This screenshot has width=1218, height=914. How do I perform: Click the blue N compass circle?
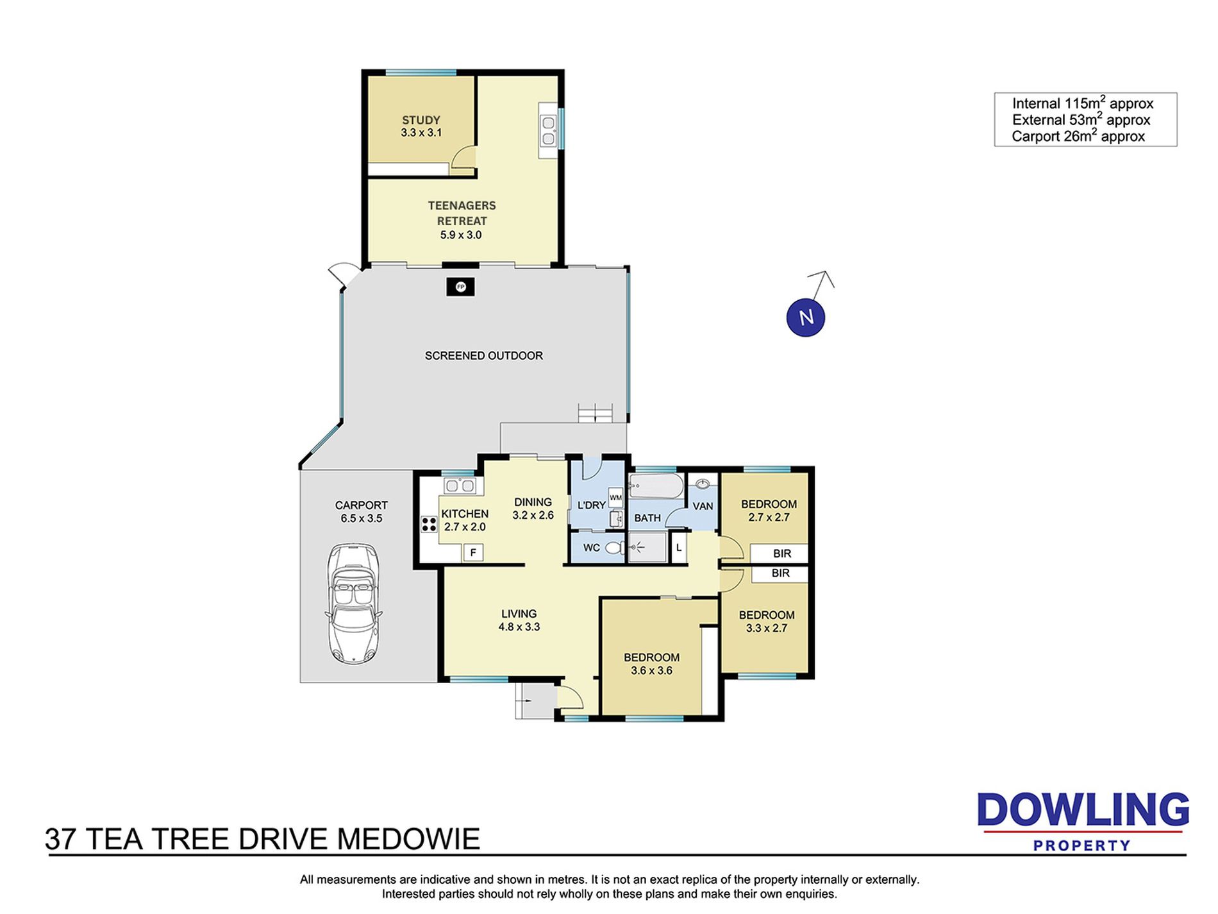(x=805, y=317)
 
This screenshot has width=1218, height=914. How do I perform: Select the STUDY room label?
(x=421, y=120)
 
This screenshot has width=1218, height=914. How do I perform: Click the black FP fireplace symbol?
(x=460, y=287)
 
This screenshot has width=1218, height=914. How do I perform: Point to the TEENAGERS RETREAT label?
(x=462, y=213)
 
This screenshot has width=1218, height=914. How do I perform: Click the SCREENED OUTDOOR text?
(x=484, y=355)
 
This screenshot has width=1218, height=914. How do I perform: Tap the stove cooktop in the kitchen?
(x=429, y=524)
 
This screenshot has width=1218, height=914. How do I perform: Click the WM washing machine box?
(x=615, y=498)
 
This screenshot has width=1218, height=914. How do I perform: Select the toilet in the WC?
(x=614, y=548)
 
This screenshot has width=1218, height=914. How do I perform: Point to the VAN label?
(x=703, y=506)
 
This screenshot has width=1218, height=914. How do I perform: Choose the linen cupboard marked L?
(x=679, y=548)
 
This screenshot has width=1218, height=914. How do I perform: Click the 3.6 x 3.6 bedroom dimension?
(x=651, y=671)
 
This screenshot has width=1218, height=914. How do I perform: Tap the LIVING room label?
(x=519, y=614)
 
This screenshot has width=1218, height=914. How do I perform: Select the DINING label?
(x=533, y=502)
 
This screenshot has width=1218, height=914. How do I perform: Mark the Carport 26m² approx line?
(x=1078, y=136)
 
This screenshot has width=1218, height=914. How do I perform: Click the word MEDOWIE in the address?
(x=408, y=839)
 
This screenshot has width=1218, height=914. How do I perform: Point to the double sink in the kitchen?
(x=460, y=485)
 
